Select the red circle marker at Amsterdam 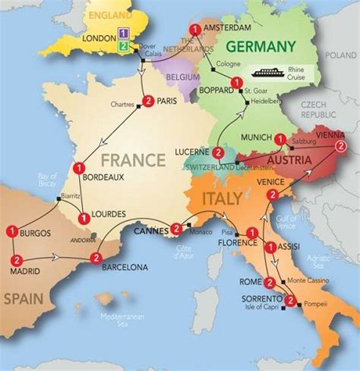click(197, 30)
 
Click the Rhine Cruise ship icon click(270, 73)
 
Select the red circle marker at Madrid click(16, 260)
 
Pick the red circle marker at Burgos click(12, 231)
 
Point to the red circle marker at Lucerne click(218, 152)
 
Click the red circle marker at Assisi click(270, 247)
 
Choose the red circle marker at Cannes click(175, 228)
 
